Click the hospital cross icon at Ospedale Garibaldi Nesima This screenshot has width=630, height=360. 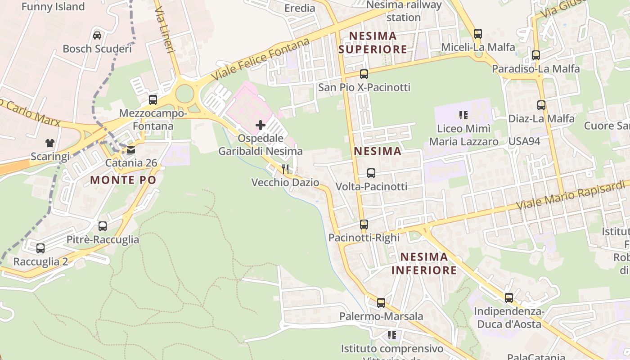[261, 125]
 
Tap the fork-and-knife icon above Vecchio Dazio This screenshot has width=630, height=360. [285, 169]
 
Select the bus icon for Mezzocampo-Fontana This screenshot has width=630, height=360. [153, 100]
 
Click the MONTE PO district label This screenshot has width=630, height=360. [123, 180]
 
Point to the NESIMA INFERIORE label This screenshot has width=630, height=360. [424, 263]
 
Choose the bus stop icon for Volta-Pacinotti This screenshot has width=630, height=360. [371, 173]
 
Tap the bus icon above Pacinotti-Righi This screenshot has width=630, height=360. [364, 224]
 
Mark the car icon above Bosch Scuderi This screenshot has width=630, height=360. [97, 35]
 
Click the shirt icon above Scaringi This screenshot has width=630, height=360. [50, 143]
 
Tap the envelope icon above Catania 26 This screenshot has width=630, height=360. [131, 150]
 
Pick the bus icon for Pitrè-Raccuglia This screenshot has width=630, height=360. [103, 226]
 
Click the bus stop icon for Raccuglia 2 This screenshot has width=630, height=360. [40, 248]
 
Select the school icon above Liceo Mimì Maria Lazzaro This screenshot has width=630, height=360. [463, 115]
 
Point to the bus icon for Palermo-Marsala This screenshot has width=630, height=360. [381, 303]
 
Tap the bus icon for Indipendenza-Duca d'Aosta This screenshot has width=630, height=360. [509, 298]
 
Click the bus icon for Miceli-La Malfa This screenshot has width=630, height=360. [478, 34]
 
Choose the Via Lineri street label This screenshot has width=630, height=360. [165, 33]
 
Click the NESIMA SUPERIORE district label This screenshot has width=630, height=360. [373, 42]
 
